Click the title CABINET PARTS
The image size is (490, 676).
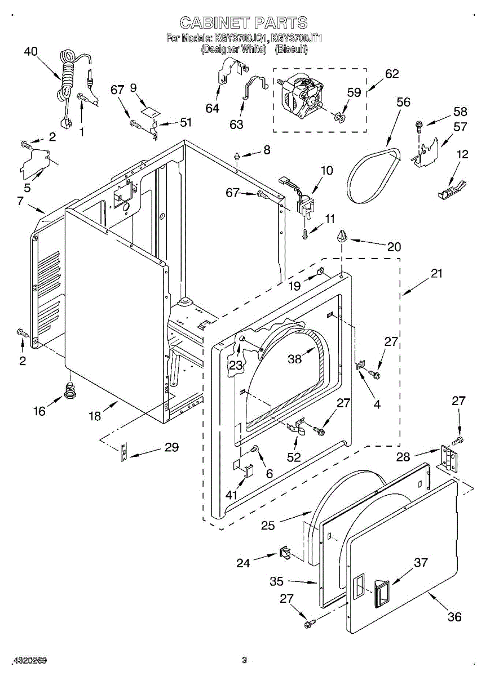243,23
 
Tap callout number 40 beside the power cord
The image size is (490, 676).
30,51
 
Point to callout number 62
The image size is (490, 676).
391,74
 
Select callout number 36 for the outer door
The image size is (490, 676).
454,617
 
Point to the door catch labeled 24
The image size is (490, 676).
285,553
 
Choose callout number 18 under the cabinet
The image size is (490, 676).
95,416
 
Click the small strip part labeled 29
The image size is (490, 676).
123,452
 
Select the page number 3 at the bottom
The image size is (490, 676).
244,660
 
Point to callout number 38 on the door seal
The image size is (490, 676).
295,358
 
